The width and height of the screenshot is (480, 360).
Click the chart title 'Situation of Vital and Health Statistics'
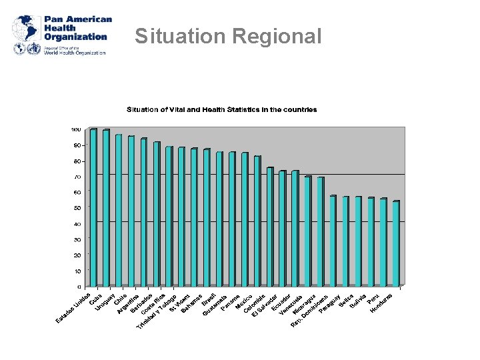[x=222, y=109]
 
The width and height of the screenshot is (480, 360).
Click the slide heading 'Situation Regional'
[x=228, y=36]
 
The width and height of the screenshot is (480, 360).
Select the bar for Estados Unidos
[x=93, y=207]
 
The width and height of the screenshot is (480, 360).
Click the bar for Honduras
[x=396, y=243]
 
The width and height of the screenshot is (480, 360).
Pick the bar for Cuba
[x=106, y=207]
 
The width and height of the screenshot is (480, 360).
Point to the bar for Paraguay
[x=333, y=241]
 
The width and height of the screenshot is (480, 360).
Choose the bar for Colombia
[x=257, y=221]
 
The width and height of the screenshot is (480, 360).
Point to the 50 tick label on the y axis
[x=77, y=208]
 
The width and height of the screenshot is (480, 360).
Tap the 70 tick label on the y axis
[x=77, y=177]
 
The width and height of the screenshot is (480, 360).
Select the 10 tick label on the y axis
[x=77, y=271]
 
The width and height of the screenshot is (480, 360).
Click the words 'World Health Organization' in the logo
[x=75, y=53]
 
